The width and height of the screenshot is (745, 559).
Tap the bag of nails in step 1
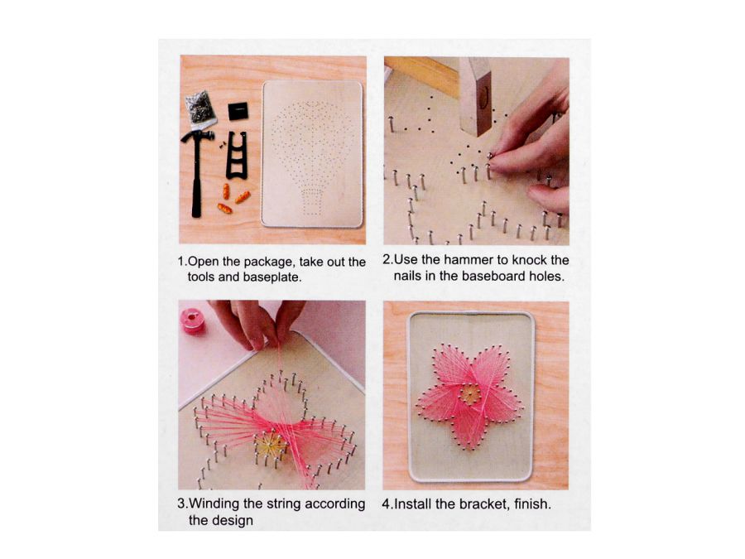[199, 108]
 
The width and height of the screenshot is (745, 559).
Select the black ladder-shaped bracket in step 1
[237, 156]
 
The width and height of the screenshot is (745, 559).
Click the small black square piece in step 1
[238, 112]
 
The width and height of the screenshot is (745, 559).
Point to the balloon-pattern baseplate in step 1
[312, 153]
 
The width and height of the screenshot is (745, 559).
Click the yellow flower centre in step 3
[271, 445]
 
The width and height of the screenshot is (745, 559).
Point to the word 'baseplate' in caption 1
[272, 277]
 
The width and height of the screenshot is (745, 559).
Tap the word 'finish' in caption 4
[531, 504]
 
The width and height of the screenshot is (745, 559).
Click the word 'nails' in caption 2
[407, 276]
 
